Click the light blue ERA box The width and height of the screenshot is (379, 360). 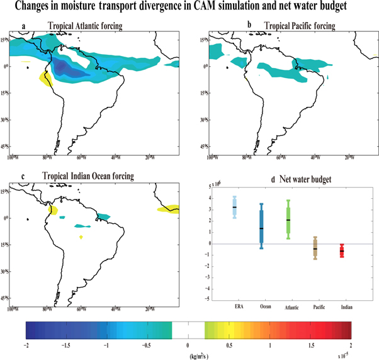click(x=235, y=207)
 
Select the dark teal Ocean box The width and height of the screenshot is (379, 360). click(x=261, y=226)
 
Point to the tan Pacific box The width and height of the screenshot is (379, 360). click(x=315, y=248)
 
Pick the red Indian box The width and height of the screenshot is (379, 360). click(x=342, y=252)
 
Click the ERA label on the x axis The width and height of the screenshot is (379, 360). click(x=234, y=306)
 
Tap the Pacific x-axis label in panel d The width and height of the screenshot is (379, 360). click(x=315, y=306)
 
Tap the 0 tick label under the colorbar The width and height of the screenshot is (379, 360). click(x=188, y=345)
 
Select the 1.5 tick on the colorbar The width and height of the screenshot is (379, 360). click(x=310, y=345)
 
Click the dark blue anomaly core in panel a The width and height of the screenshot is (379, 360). click(x=69, y=67)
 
